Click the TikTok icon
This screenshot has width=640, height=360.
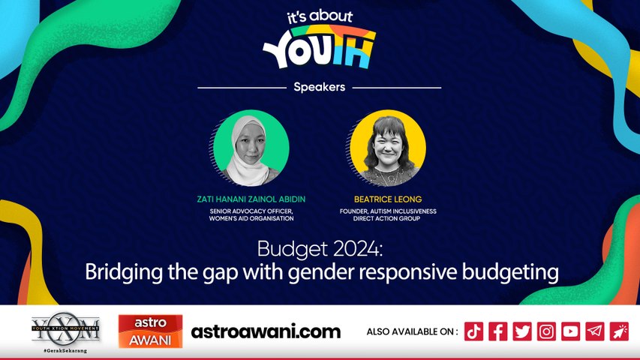pyautogui.click(x=473, y=331)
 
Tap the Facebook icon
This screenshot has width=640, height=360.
pyautogui.click(x=497, y=331)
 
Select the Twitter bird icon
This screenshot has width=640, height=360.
pyautogui.click(x=522, y=331)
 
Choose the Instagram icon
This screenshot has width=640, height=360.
pyautogui.click(x=546, y=331)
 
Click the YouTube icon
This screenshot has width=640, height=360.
pyautogui.click(x=570, y=331)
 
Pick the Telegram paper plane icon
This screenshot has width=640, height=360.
pyautogui.click(x=595, y=331)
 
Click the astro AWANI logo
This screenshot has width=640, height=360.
pyautogui.click(x=150, y=331)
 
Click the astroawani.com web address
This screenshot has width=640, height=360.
pyautogui.click(x=266, y=331)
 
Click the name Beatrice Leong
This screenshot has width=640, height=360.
pyautogui.click(x=387, y=200)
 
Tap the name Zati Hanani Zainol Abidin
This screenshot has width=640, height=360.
pyautogui.click(x=251, y=200)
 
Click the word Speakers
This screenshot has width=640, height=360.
pyautogui.click(x=320, y=87)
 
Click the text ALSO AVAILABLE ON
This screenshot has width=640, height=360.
pyautogui.click(x=412, y=331)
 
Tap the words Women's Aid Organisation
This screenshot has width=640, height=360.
pyautogui.click(x=251, y=220)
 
